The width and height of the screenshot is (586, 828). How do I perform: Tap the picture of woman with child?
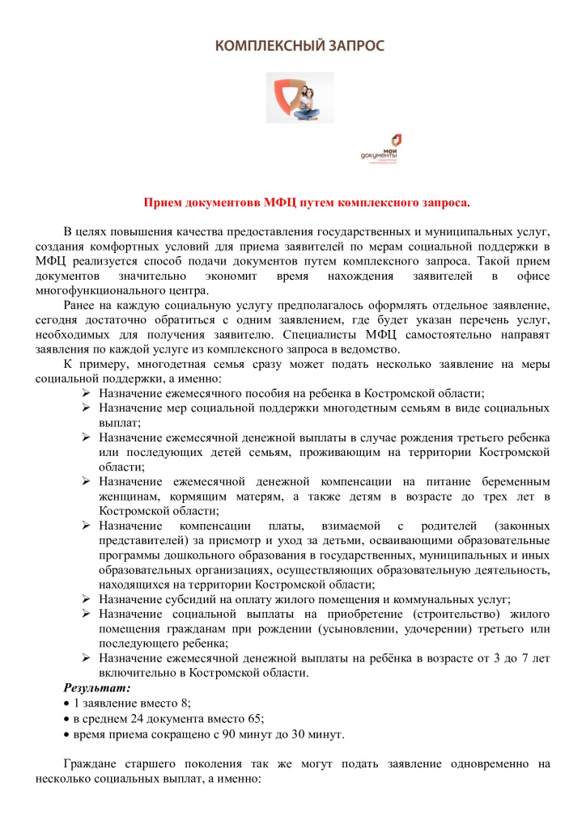(300, 97)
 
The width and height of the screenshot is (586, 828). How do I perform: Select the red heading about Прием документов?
(307, 201)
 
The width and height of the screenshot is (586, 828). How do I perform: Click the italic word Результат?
(97, 688)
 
